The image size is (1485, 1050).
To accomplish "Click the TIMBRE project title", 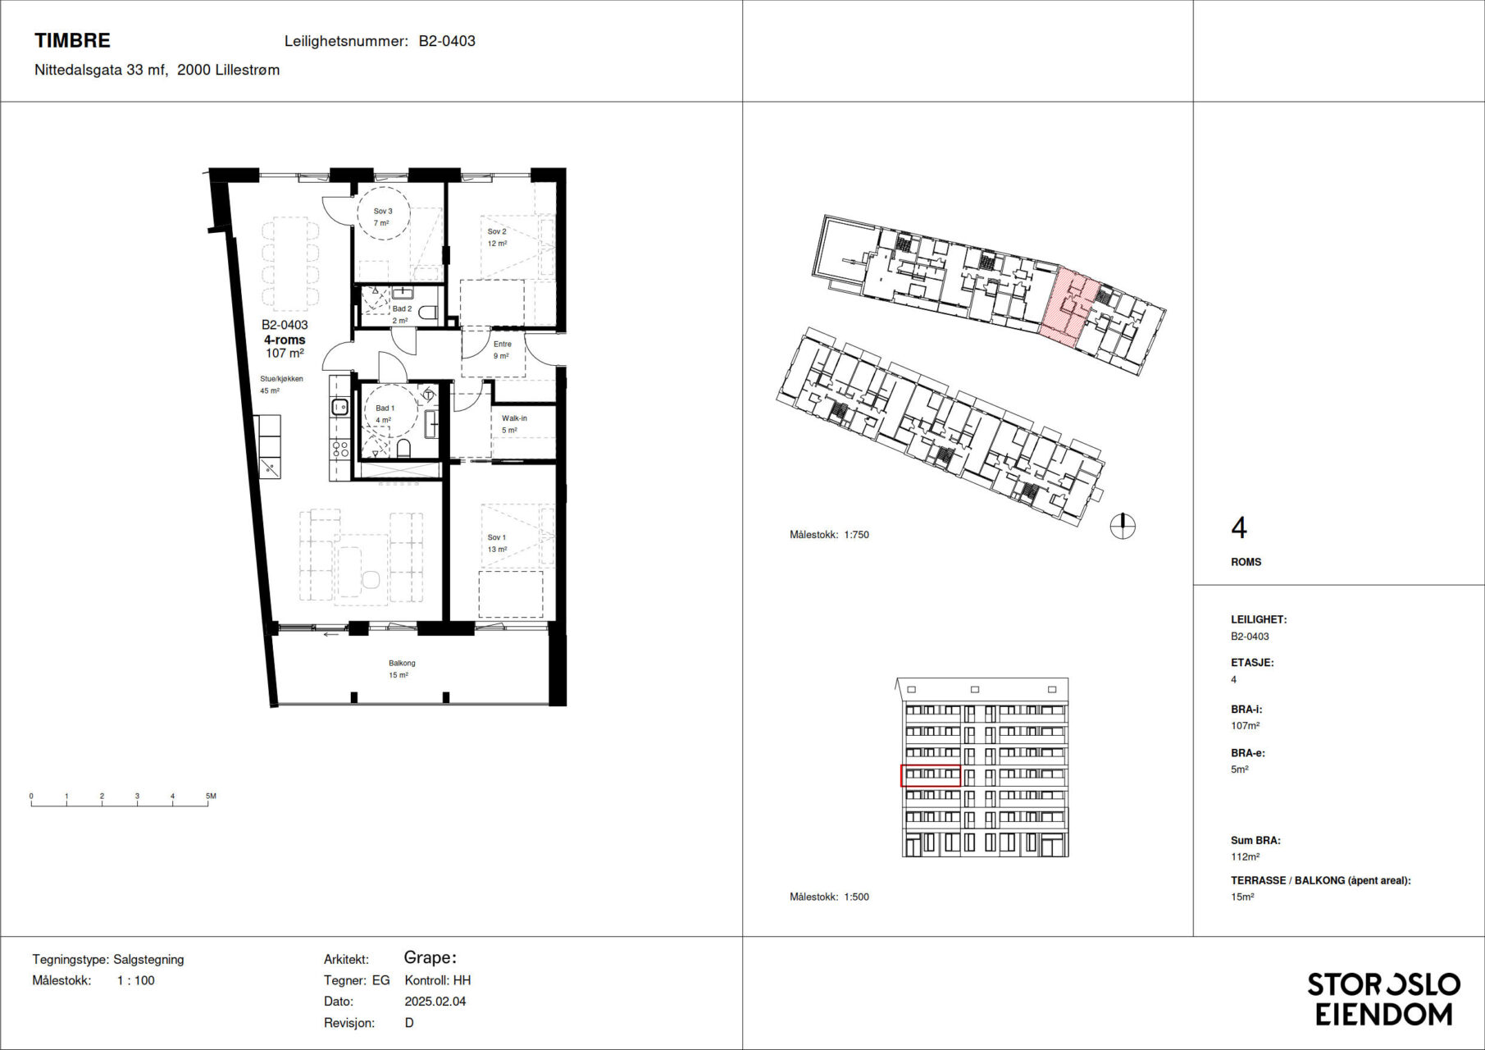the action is (x=72, y=40).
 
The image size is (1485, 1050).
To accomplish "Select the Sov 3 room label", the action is (x=383, y=211).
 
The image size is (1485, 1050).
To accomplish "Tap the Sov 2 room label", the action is (x=497, y=231).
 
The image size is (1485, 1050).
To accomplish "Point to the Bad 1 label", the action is (x=385, y=408).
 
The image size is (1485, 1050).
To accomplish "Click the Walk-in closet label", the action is (x=514, y=418).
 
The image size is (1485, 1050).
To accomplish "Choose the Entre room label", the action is (x=502, y=344).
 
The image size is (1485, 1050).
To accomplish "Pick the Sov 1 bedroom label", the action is (x=497, y=537).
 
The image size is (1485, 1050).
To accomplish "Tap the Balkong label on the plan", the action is (x=402, y=663).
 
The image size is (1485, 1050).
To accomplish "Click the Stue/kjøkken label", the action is (x=281, y=379).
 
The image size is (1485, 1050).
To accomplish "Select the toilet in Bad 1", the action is (x=403, y=448).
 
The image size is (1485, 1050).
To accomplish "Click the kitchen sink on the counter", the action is (x=340, y=405).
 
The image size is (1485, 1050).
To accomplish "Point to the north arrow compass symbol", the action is (x=1123, y=526).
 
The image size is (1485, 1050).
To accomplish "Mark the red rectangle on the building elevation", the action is (x=931, y=775).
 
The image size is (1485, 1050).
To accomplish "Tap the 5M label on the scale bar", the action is (x=211, y=796).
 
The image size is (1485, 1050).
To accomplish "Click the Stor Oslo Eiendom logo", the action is (x=1383, y=999).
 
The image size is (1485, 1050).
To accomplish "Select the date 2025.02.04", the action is (x=435, y=1002).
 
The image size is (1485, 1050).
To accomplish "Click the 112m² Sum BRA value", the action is (x=1245, y=856).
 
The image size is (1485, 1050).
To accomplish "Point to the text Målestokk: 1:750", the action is (x=829, y=535).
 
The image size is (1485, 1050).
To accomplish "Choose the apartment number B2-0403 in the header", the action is (x=447, y=41).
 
